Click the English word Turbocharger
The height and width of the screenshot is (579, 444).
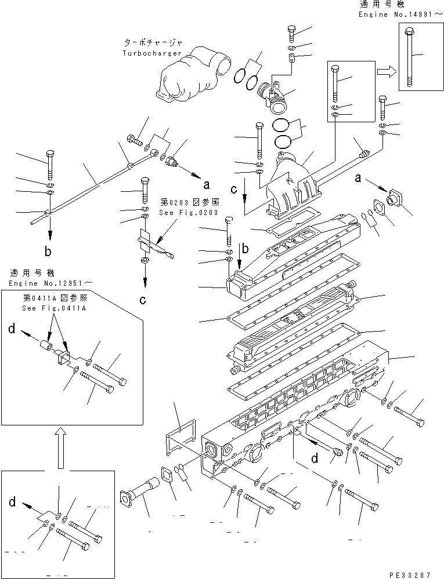point(151,53)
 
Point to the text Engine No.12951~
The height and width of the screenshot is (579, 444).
point(50,282)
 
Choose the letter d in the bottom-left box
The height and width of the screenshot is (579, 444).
point(12,502)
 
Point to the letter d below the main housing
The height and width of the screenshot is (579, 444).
point(314,460)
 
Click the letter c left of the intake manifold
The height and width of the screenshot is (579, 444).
point(233,190)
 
